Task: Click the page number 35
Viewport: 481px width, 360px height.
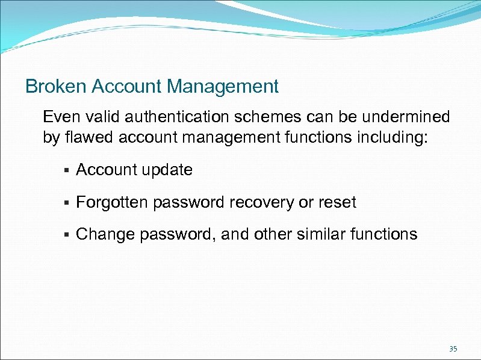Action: pos(453,349)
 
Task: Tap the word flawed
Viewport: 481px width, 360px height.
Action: pos(84,137)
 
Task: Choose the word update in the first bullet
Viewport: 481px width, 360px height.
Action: pos(167,170)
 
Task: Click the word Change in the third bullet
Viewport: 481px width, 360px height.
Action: pos(105,234)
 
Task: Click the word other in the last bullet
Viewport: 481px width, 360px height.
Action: pos(274,234)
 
